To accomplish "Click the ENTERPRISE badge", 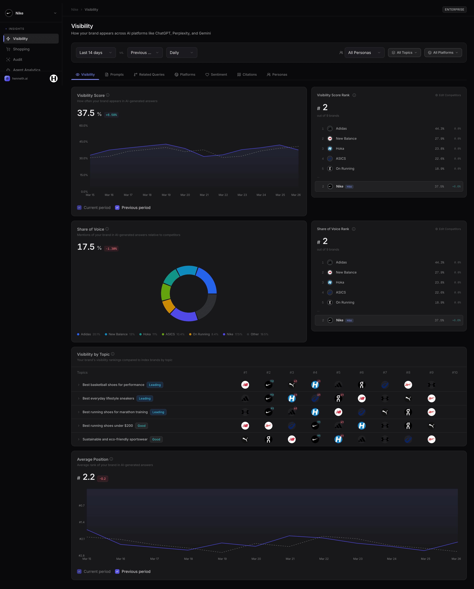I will coord(454,10).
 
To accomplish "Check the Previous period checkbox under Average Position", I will coord(117,571).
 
